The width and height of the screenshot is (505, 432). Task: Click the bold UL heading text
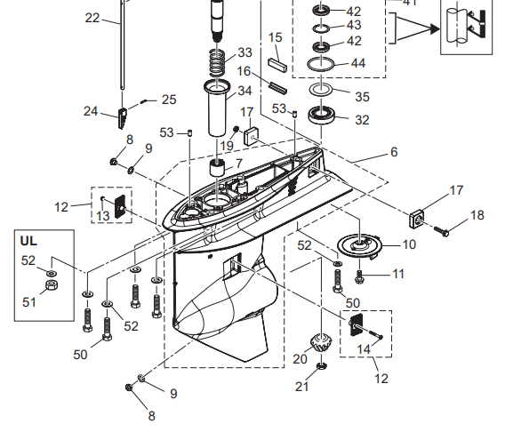click(x=28, y=241)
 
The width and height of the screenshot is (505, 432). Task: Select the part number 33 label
click(x=244, y=52)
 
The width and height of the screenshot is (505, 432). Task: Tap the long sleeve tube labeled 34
click(x=217, y=108)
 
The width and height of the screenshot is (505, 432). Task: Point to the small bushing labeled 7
click(x=218, y=168)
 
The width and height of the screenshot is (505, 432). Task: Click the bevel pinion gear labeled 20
click(x=321, y=343)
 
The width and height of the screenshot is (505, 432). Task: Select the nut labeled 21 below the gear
click(x=322, y=365)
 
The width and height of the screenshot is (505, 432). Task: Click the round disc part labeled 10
click(x=359, y=246)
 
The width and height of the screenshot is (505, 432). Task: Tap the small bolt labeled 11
click(x=359, y=276)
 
